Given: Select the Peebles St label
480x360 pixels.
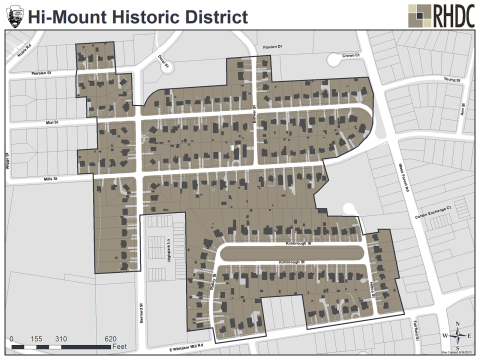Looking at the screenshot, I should coord(39,74).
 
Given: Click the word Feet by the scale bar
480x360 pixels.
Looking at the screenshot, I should coord(116,348).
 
